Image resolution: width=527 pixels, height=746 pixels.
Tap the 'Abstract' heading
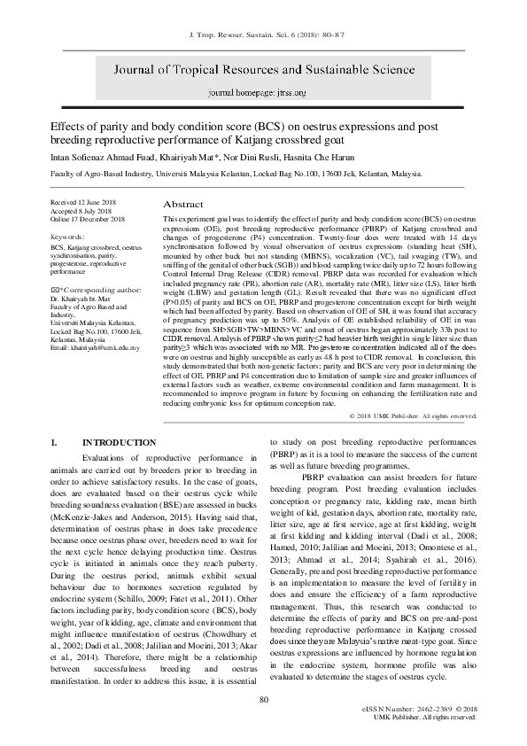pos(183,204)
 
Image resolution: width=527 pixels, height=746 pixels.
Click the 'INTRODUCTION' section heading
pos(120,442)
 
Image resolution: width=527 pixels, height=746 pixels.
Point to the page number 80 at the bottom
pos(263,701)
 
